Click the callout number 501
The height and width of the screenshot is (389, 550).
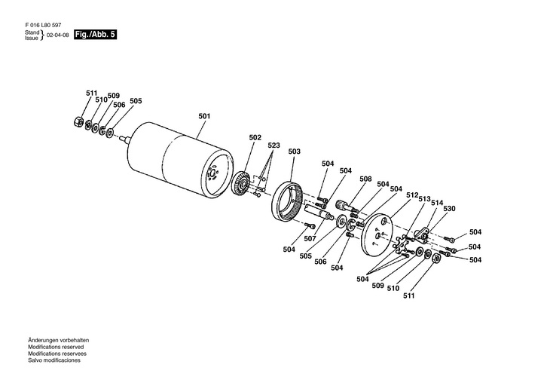pyautogui.click(x=203, y=116)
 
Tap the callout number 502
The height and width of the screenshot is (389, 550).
pyautogui.click(x=255, y=138)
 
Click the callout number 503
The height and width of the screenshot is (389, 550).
pyautogui.click(x=294, y=152)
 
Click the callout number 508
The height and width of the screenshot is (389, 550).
pyautogui.click(x=365, y=179)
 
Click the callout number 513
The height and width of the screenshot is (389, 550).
pyautogui.click(x=424, y=198)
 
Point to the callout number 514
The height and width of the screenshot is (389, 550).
pyautogui.click(x=436, y=203)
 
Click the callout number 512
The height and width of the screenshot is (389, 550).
pyautogui.click(x=412, y=194)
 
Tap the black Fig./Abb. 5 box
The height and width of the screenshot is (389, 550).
pyautogui.click(x=96, y=35)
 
